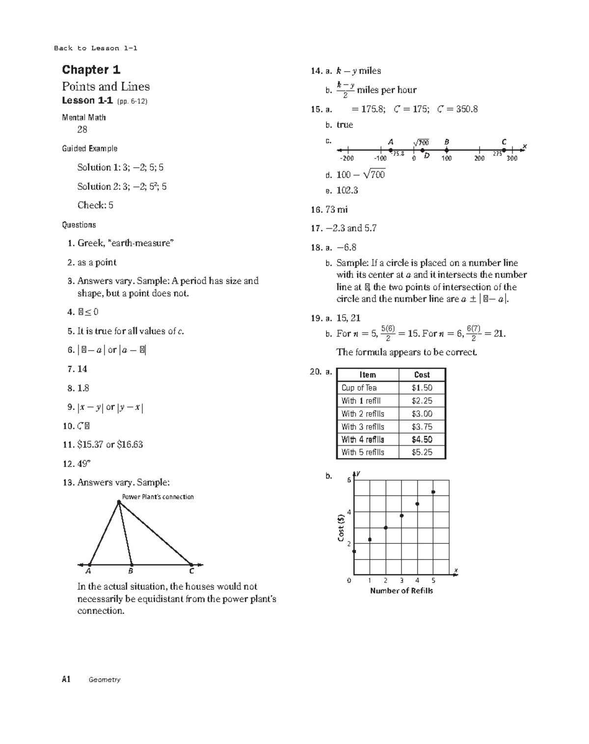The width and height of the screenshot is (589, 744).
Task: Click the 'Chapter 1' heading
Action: [x=91, y=70]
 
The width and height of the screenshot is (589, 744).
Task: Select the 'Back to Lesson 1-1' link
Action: [x=95, y=48]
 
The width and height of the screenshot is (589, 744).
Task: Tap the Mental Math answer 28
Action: [x=82, y=130]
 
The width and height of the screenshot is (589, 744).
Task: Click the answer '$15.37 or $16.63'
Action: [x=110, y=445]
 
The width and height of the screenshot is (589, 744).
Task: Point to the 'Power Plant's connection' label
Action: [x=158, y=497]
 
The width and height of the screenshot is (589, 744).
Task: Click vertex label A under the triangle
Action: [x=88, y=571]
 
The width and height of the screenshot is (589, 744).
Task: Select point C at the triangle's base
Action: [x=191, y=564]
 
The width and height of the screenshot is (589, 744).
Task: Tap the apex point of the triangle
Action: [x=119, y=502]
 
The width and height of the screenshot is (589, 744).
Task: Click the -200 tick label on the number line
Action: [x=347, y=159]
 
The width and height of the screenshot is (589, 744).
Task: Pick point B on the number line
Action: [x=447, y=150]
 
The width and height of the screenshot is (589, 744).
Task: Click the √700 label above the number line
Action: [x=421, y=142]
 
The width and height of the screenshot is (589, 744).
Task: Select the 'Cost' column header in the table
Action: [x=422, y=375]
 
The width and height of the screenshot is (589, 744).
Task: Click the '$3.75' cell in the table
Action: [x=422, y=427]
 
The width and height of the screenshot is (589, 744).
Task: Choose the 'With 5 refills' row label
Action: [x=363, y=452]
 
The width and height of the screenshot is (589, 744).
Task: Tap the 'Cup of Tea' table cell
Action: [x=359, y=388]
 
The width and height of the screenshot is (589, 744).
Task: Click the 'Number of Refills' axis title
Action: [x=401, y=591]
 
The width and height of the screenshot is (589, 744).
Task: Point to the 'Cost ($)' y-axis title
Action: [x=340, y=528]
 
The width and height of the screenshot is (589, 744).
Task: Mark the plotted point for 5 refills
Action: [x=433, y=492]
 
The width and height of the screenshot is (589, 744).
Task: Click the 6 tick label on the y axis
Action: [x=349, y=480]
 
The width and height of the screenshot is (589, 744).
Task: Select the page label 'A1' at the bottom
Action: [x=66, y=679]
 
